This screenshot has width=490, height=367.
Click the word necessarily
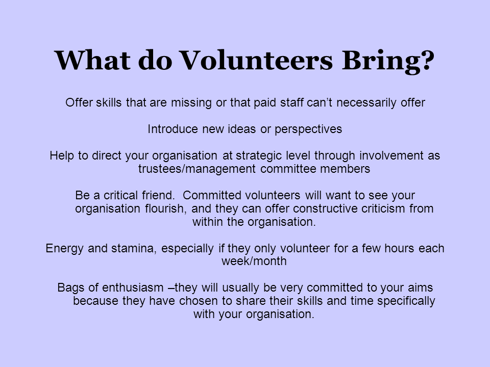(366, 102)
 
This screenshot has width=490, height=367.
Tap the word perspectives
(308, 129)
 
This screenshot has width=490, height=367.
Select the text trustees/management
(197, 169)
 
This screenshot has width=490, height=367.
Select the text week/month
(254, 261)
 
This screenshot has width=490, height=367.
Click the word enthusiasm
(133, 287)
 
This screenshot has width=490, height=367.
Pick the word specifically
(406, 301)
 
